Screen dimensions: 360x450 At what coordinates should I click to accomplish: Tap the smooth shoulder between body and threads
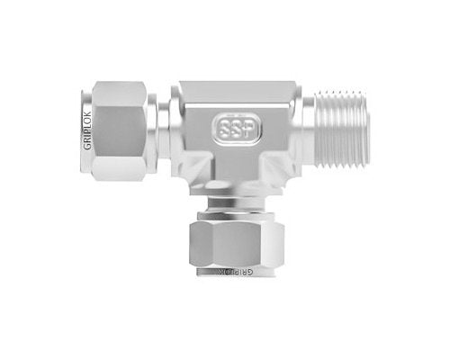coord(307,130)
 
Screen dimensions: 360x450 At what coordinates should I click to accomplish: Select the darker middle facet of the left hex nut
coord(117,131)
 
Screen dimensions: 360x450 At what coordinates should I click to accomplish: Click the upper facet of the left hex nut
coord(117,94)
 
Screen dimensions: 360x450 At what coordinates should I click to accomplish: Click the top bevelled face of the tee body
coord(236,91)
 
